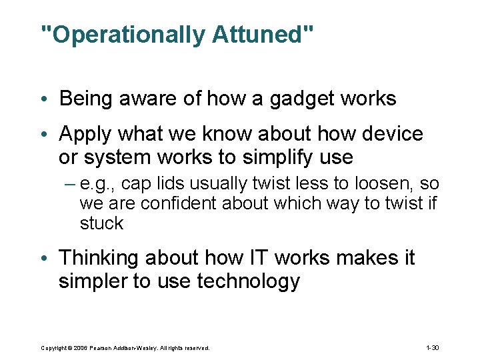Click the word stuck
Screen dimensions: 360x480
(101, 223)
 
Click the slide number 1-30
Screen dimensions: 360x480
(431, 348)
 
